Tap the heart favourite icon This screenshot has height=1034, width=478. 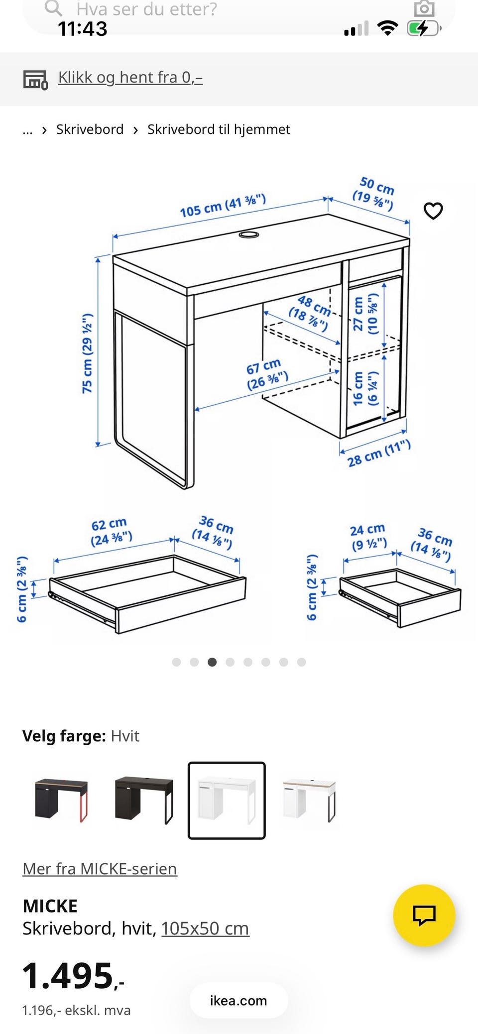tap(433, 211)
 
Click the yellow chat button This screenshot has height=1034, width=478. tap(424, 915)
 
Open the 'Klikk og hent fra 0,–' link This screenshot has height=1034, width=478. tap(130, 78)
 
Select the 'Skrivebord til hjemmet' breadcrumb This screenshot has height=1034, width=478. tap(219, 129)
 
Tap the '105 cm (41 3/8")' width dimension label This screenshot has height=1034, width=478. tap(223, 205)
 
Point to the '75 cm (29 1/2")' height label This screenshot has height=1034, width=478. tap(88, 353)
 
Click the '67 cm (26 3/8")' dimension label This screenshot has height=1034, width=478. tap(267, 374)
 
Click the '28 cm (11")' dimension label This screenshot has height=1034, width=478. tap(379, 454)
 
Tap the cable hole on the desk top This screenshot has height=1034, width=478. tap(248, 234)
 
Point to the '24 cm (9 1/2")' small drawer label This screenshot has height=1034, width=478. tap(368, 537)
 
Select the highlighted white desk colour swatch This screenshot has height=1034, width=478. tap(227, 800)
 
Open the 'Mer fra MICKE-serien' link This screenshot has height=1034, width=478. tap(100, 869)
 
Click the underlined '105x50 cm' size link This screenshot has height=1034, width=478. tap(205, 928)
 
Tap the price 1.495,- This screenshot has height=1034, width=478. tap(73, 976)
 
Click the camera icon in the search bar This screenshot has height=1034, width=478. tap(424, 8)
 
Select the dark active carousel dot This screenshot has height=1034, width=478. tap(212, 662)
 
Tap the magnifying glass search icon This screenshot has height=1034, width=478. tap(53, 8)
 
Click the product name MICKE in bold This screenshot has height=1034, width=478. tap(50, 906)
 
